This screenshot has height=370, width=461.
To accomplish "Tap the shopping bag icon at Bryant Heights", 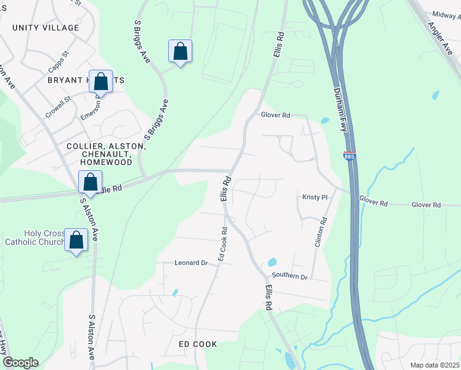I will (x=100, y=81).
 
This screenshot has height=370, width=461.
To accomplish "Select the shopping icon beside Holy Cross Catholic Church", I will (x=77, y=240).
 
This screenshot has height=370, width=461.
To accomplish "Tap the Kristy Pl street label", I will (x=314, y=197).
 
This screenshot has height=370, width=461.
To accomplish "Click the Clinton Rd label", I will (x=319, y=232).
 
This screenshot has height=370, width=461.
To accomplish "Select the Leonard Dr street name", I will (x=192, y=262).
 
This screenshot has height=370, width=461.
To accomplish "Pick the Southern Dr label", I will (x=290, y=277).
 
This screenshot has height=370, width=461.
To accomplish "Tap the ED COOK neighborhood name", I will (x=198, y=343).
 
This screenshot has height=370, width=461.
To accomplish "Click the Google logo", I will (x=20, y=363).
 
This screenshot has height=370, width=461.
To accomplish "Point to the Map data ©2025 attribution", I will (x=434, y=365).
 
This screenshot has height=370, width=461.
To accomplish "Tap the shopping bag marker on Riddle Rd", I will (x=91, y=182).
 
